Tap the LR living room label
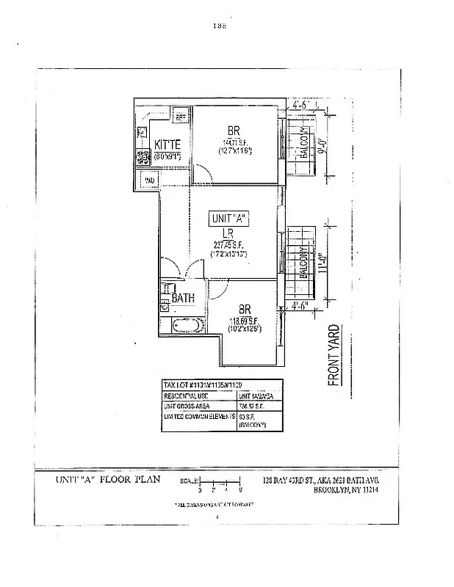(228, 233)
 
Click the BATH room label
(182, 298)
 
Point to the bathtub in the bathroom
(184, 325)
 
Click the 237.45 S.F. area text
(228, 245)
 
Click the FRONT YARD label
(333, 355)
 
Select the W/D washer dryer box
(148, 180)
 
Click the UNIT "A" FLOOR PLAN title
(103, 480)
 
